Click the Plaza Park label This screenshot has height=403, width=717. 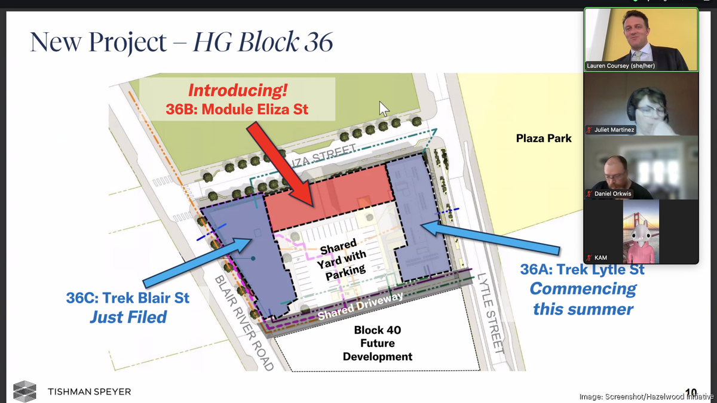(544, 139)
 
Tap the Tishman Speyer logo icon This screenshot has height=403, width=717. (24, 391)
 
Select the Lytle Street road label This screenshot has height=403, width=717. (491, 313)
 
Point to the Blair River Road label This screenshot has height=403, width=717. (244, 322)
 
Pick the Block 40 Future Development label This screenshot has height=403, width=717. (377, 343)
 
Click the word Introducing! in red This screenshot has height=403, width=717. (238, 91)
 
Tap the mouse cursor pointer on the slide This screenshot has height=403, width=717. (384, 109)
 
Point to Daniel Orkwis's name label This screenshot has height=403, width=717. (613, 194)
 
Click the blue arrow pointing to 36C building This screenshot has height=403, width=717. (197, 262)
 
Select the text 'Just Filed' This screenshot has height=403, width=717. (128, 317)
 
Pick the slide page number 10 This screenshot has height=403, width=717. (691, 392)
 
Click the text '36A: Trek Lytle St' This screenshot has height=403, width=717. (582, 270)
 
